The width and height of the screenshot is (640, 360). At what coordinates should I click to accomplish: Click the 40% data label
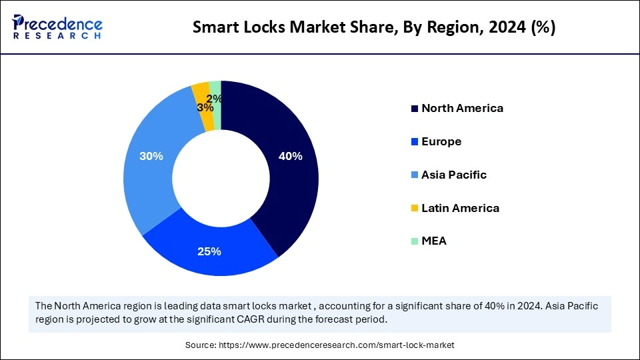pos(290,156)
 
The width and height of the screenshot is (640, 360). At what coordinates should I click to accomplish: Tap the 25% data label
pos(209,251)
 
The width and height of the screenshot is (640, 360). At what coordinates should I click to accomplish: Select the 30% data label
pos(151,156)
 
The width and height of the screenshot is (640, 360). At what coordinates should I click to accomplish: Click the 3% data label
pos(205,107)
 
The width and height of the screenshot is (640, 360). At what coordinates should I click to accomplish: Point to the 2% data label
pos(215,98)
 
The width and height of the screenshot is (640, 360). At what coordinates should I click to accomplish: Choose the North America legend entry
pos(462,108)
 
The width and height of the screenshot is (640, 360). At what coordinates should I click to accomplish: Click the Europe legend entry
pos(441,141)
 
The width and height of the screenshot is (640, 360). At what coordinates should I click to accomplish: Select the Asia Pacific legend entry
pos(454,175)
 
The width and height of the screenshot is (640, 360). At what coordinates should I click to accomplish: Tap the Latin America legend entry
pos(460,208)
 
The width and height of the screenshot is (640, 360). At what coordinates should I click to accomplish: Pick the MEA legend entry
pos(433,241)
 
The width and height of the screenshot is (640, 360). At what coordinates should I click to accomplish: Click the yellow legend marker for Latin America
pos(415,209)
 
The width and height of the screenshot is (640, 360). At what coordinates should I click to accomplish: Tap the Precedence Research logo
pos(57,27)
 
